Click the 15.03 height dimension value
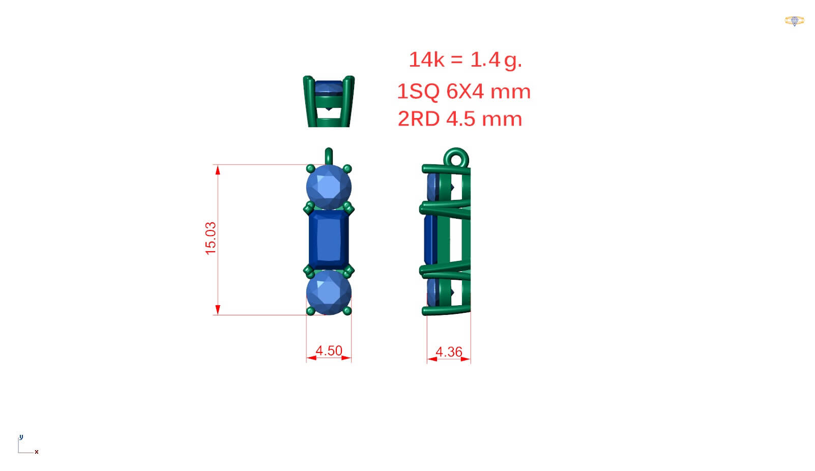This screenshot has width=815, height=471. [211, 238]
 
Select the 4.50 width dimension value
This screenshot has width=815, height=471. [329, 350]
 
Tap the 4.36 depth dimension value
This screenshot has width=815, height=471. [449, 351]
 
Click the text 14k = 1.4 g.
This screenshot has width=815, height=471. [465, 60]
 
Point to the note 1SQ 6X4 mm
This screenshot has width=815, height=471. [464, 91]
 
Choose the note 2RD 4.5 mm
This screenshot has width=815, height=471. [460, 119]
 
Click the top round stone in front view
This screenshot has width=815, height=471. [329, 187]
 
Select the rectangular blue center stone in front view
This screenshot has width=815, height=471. [329, 240]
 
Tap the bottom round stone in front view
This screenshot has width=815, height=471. [329, 292]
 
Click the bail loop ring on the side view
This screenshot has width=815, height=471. [456, 150]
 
